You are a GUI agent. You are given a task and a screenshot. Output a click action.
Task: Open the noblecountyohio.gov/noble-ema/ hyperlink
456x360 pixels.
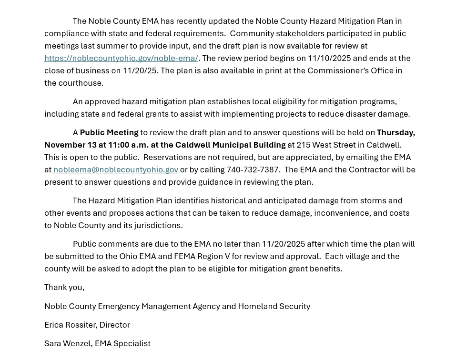tap(121, 58)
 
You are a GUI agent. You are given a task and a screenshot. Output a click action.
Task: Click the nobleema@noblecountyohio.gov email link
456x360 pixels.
tap(116, 170)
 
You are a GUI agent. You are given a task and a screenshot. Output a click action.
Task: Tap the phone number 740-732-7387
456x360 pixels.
tap(253, 170)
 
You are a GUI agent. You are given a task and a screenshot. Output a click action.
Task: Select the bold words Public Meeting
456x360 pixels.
tap(109, 132)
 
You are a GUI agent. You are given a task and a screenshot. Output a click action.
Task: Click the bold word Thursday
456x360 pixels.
tap(395, 132)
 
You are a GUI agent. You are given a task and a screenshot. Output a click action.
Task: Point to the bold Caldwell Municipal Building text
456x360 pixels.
tap(230, 145)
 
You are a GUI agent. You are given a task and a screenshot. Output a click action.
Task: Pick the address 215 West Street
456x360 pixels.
tap(325, 145)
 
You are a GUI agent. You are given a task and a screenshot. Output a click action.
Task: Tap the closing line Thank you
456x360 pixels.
tap(64, 287)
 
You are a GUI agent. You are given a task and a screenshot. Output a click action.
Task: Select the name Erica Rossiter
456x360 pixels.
tap(70, 325)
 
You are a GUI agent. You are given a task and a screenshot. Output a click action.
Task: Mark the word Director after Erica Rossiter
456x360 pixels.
tap(114, 325)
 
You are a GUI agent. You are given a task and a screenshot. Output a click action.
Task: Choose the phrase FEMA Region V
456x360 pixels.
tap(202, 256)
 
